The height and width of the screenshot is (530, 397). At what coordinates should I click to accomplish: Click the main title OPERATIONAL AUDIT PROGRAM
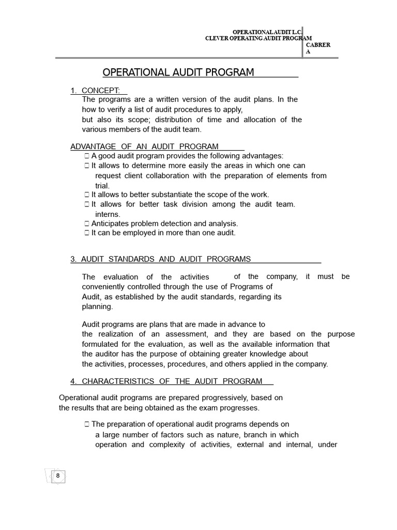178,72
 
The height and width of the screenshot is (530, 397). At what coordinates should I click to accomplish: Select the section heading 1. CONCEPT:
98,91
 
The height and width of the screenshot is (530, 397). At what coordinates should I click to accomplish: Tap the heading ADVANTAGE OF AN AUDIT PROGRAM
144,146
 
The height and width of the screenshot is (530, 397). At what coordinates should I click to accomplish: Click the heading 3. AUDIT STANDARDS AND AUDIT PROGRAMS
160,259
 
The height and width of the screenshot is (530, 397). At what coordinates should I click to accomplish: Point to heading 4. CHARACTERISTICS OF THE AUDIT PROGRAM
166,381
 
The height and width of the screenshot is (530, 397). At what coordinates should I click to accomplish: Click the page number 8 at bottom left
58,476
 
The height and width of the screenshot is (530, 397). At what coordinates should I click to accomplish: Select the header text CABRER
318,45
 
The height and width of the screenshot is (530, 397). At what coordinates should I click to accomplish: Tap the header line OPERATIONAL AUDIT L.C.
267,32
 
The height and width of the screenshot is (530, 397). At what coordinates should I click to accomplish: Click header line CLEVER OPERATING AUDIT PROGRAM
258,38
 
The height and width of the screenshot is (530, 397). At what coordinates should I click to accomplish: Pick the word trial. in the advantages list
102,185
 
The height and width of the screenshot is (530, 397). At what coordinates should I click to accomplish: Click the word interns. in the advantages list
108,214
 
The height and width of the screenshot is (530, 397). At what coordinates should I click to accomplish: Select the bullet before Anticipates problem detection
87,224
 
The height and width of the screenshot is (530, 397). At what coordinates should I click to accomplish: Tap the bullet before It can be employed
87,233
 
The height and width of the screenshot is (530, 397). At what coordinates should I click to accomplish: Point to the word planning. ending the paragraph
97,306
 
